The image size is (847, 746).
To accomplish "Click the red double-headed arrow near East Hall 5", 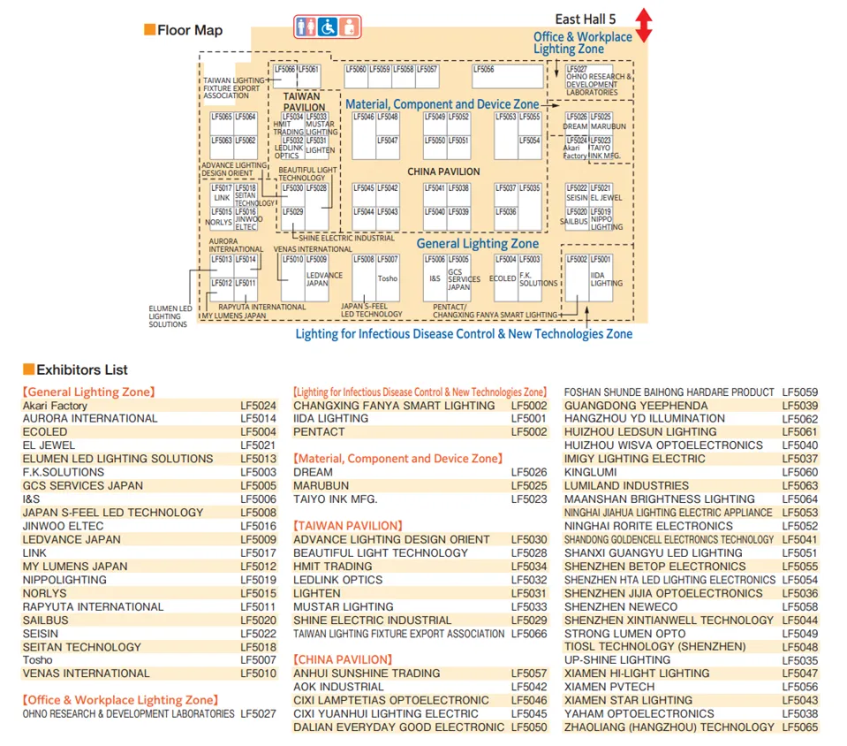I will pyautogui.click(x=644, y=25).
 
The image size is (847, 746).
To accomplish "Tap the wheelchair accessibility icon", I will pyautogui.click(x=327, y=27).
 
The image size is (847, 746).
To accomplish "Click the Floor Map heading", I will pyautogui.click(x=190, y=30).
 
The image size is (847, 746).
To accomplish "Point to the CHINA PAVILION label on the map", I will pyautogui.click(x=443, y=171).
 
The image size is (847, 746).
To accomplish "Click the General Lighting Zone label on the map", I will pyautogui.click(x=477, y=243).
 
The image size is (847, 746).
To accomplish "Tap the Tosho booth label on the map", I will pyautogui.click(x=387, y=278).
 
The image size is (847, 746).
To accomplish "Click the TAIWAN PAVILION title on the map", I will pyautogui.click(x=304, y=102).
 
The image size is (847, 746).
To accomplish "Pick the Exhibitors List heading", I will pyautogui.click(x=82, y=369).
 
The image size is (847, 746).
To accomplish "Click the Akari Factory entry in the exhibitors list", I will pyautogui.click(x=55, y=406).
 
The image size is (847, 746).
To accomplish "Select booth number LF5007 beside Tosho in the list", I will pyautogui.click(x=258, y=660).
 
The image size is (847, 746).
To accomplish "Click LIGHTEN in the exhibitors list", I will pyautogui.click(x=317, y=593).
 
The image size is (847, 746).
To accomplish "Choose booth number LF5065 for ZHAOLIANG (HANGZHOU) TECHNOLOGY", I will pyautogui.click(x=799, y=727).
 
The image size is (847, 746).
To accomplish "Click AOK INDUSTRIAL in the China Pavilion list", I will pyautogui.click(x=338, y=687).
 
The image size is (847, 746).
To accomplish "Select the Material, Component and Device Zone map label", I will pyautogui.click(x=442, y=104).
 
